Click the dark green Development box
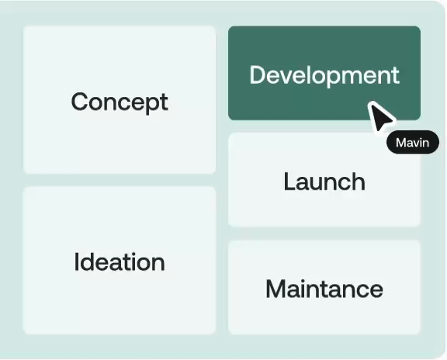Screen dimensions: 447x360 [324, 73]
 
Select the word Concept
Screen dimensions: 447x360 [120, 102]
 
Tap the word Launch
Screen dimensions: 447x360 [324, 182]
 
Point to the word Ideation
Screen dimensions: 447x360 [120, 261]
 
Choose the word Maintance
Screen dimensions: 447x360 [324, 289]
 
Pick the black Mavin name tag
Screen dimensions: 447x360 [413, 142]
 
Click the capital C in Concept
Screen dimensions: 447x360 [79, 102]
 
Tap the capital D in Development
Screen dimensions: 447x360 [258, 74]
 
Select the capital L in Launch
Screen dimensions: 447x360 [289, 182]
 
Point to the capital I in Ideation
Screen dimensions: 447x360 [76, 261]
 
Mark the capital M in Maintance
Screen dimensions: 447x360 [275, 289]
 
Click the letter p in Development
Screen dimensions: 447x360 [333, 78]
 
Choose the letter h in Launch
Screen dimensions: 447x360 [358, 182]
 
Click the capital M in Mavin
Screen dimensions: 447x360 [400, 142]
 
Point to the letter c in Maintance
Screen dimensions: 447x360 [359, 291]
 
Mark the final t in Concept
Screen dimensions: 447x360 [165, 102]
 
